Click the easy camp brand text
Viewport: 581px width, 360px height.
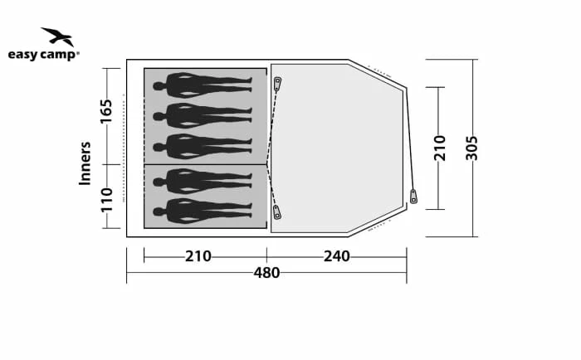point(44,55)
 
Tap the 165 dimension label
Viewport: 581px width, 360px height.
point(106,111)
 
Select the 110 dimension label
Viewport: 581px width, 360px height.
point(106,200)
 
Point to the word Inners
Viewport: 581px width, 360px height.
point(85,163)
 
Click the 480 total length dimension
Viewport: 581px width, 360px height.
point(266,273)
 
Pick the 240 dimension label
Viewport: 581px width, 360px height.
point(337,256)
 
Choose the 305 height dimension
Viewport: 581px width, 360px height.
point(471,148)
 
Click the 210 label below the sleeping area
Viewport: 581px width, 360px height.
point(198,256)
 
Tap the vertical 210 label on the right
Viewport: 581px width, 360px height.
point(440,148)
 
